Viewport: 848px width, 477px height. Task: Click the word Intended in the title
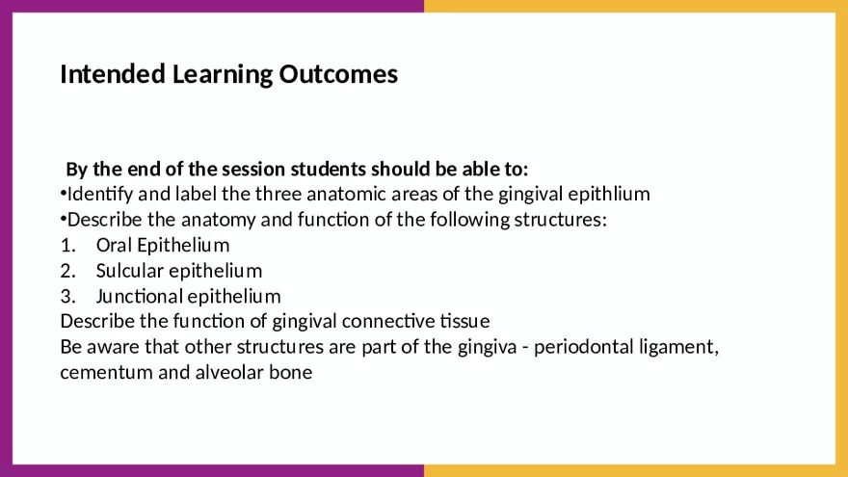tap(113, 74)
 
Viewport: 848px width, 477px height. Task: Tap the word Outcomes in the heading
tap(338, 74)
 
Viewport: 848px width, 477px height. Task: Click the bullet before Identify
tap(64, 194)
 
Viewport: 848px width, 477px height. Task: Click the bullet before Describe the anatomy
tap(64, 219)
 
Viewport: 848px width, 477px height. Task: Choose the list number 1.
tap(67, 246)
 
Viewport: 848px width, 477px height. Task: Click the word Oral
tap(114, 245)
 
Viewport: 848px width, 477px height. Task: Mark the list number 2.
tap(67, 271)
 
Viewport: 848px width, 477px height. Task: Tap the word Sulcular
tap(130, 271)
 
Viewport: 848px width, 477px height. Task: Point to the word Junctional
tap(140, 297)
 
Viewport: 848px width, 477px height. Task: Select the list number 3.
tap(67, 297)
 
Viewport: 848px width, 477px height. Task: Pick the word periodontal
tap(584, 347)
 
